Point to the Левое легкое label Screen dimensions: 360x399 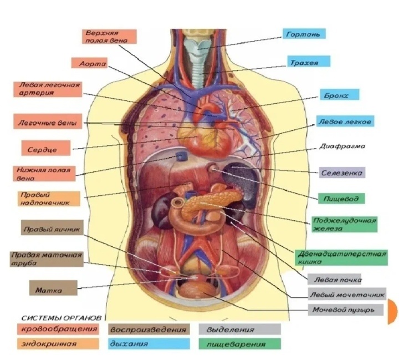coord(344,120)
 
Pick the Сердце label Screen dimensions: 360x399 coord(47,148)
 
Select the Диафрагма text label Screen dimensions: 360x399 coord(342,147)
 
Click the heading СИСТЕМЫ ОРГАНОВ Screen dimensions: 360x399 coord(61,318)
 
